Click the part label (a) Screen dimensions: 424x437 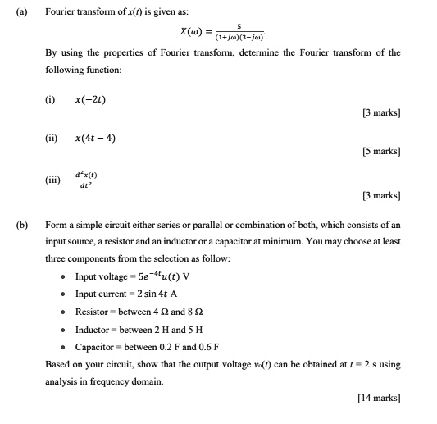tap(14, 11)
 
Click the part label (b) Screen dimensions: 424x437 tap(14, 224)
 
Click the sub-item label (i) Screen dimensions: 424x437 tap(50, 100)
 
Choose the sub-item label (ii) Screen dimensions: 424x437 tap(51, 138)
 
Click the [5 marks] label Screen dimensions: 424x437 tap(380, 152)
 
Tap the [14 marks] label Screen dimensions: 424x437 tap(379, 399)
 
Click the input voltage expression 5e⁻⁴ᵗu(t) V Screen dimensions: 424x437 tap(157, 276)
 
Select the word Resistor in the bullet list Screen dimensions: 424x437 tap(92, 311)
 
